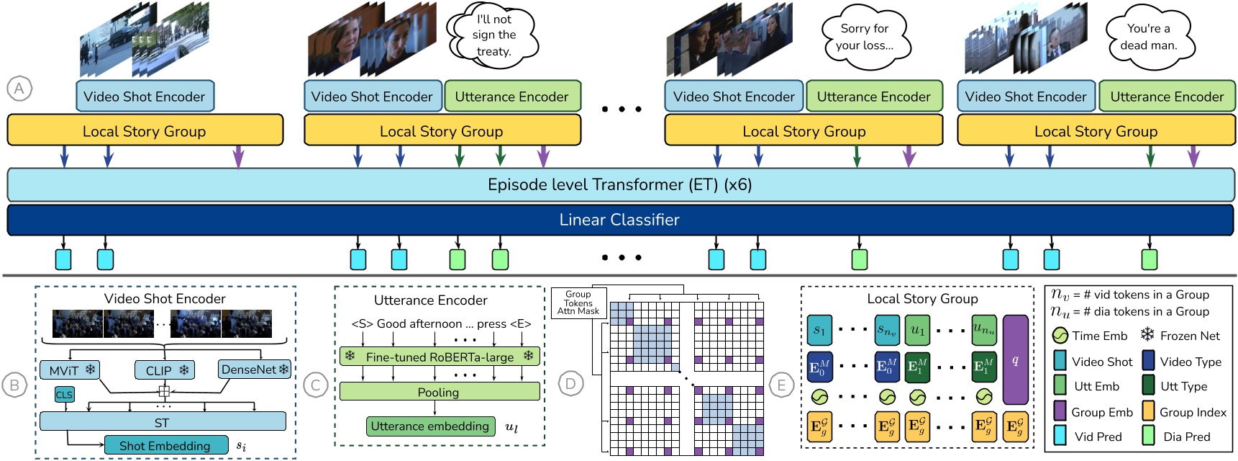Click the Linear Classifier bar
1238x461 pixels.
pyautogui.click(x=619, y=220)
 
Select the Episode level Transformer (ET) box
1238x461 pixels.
pyautogui.click(x=619, y=185)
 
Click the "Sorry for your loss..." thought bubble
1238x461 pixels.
pyautogui.click(x=865, y=37)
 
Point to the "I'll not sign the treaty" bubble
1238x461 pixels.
pyautogui.click(x=493, y=35)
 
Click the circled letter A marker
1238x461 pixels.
pyautogui.click(x=19, y=89)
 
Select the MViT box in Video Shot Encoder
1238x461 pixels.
pyautogui.click(x=70, y=370)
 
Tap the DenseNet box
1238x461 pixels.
pyautogui.click(x=255, y=370)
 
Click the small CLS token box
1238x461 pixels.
pyautogui.click(x=64, y=395)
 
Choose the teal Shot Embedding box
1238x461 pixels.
pyautogui.click(x=165, y=445)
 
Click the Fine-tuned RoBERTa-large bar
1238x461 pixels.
pyautogui.click(x=440, y=357)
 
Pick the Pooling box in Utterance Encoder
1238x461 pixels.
pyautogui.click(x=440, y=392)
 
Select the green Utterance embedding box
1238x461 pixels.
pyautogui.click(x=430, y=426)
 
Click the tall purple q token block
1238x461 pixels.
pyautogui.click(x=1015, y=360)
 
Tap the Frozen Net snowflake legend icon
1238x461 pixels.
pyautogui.click(x=1147, y=335)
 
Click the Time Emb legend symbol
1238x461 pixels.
pyautogui.click(x=1060, y=336)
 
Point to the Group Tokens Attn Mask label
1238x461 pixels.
pyautogui.click(x=578, y=303)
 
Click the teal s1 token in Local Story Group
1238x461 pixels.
pyautogui.click(x=819, y=331)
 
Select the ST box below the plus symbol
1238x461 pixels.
pyautogui.click(x=163, y=422)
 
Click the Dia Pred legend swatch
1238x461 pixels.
pyautogui.click(x=1149, y=436)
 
